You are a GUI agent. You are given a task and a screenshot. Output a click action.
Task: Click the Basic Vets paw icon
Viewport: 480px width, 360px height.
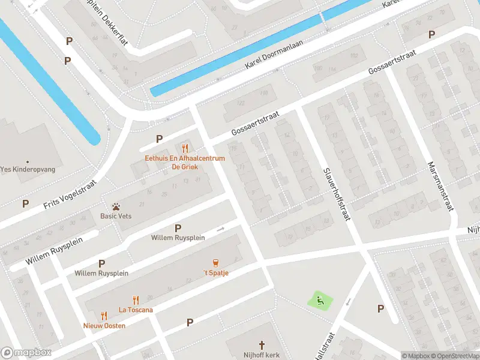[x=116, y=206]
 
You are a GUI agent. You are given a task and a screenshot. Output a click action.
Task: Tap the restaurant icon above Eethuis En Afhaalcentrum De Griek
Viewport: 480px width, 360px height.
[x=185, y=148]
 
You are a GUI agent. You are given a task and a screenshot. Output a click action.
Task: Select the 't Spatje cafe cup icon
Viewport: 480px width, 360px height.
[x=215, y=262]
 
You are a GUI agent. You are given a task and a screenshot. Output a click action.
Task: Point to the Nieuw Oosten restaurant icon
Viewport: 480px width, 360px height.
[x=104, y=315]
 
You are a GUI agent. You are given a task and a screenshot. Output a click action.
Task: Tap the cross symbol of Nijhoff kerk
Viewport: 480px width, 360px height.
[x=262, y=345]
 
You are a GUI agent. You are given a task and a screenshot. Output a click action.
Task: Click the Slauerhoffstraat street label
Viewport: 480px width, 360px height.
[x=335, y=193]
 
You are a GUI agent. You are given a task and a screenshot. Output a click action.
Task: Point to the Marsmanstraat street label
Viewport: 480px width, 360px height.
[x=440, y=185]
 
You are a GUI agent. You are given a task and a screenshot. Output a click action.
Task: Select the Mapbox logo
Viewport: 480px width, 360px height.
[x=26, y=352]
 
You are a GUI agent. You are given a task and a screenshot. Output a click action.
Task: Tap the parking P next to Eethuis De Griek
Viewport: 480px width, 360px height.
[x=159, y=139]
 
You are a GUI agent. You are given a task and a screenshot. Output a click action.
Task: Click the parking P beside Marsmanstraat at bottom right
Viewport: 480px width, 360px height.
[x=380, y=308]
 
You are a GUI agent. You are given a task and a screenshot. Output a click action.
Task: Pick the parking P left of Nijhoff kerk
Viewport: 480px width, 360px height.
[x=190, y=322]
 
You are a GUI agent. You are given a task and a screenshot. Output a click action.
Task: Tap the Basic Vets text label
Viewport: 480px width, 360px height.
[x=116, y=216]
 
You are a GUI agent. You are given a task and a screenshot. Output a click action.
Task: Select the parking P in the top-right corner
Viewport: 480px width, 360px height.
[x=431, y=35]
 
